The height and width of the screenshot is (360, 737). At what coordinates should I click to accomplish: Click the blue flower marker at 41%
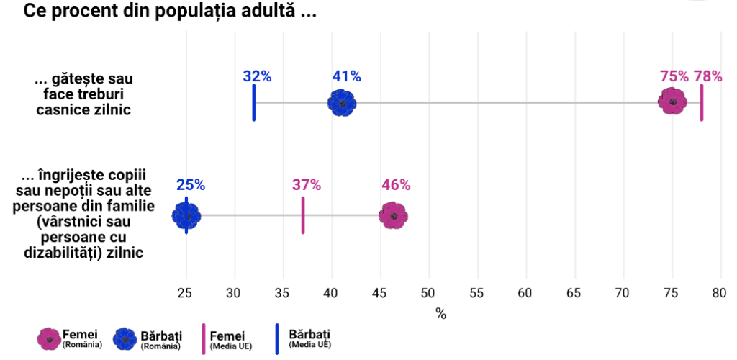(342, 103)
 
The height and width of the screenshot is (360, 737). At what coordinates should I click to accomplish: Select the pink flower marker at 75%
(673, 102)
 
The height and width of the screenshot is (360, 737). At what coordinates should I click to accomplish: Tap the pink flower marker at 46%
(393, 215)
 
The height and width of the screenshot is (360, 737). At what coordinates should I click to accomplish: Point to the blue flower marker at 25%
(186, 215)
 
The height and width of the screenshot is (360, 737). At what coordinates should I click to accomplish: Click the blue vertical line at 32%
(254, 102)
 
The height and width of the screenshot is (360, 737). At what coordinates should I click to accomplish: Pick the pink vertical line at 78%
(702, 102)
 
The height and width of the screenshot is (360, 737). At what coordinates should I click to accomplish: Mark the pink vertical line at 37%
(303, 215)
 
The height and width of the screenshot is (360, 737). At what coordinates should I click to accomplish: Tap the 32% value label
(257, 76)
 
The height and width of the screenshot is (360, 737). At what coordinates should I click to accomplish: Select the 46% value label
(396, 185)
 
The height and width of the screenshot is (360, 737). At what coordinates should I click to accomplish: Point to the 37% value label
(307, 185)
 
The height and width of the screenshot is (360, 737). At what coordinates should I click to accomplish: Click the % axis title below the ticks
(440, 314)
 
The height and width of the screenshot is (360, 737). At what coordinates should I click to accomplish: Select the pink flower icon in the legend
(49, 338)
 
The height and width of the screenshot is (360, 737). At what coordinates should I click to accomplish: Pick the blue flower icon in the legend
(125, 338)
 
